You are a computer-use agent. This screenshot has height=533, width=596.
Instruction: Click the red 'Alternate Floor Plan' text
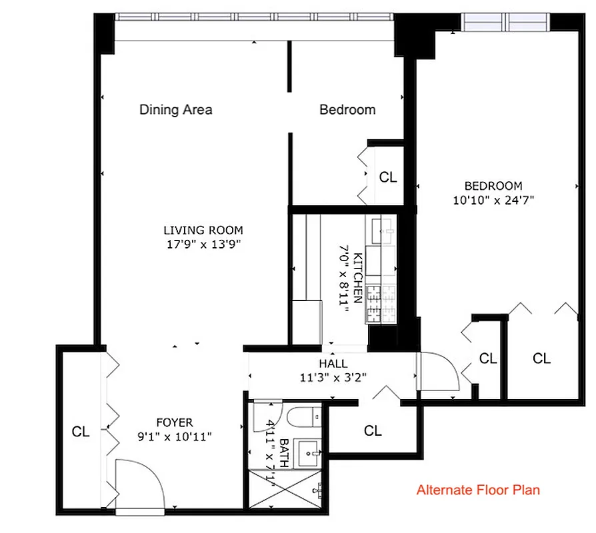pyautogui.click(x=478, y=490)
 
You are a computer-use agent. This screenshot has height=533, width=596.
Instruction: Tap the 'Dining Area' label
pyautogui.click(x=175, y=110)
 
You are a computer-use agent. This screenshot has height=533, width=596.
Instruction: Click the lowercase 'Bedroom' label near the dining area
pyautogui.click(x=347, y=110)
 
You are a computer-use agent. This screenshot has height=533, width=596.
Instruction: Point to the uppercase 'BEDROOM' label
pyautogui.click(x=493, y=186)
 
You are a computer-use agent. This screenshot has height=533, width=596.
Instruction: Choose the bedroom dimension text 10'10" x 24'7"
pyautogui.click(x=493, y=199)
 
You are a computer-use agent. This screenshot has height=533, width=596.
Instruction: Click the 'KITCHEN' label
pyautogui.click(x=358, y=277)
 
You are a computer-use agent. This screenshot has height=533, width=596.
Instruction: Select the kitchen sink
pyautogui.click(x=379, y=233)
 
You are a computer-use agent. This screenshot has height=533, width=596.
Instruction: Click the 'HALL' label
pyautogui.click(x=333, y=364)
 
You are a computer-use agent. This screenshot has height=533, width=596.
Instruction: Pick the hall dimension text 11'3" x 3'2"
pyautogui.click(x=333, y=376)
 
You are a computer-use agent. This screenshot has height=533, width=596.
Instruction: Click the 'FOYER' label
pyautogui.click(x=175, y=422)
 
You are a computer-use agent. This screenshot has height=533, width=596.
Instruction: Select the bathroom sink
pyautogui.click(x=309, y=454)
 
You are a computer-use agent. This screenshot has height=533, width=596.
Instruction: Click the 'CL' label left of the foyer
pyautogui.click(x=81, y=432)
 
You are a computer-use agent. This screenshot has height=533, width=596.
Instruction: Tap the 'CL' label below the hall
pyautogui.click(x=373, y=431)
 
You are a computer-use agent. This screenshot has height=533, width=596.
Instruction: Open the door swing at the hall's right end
pyautogui.click(x=437, y=373)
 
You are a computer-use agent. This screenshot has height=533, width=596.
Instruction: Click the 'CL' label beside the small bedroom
pyautogui.click(x=388, y=177)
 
